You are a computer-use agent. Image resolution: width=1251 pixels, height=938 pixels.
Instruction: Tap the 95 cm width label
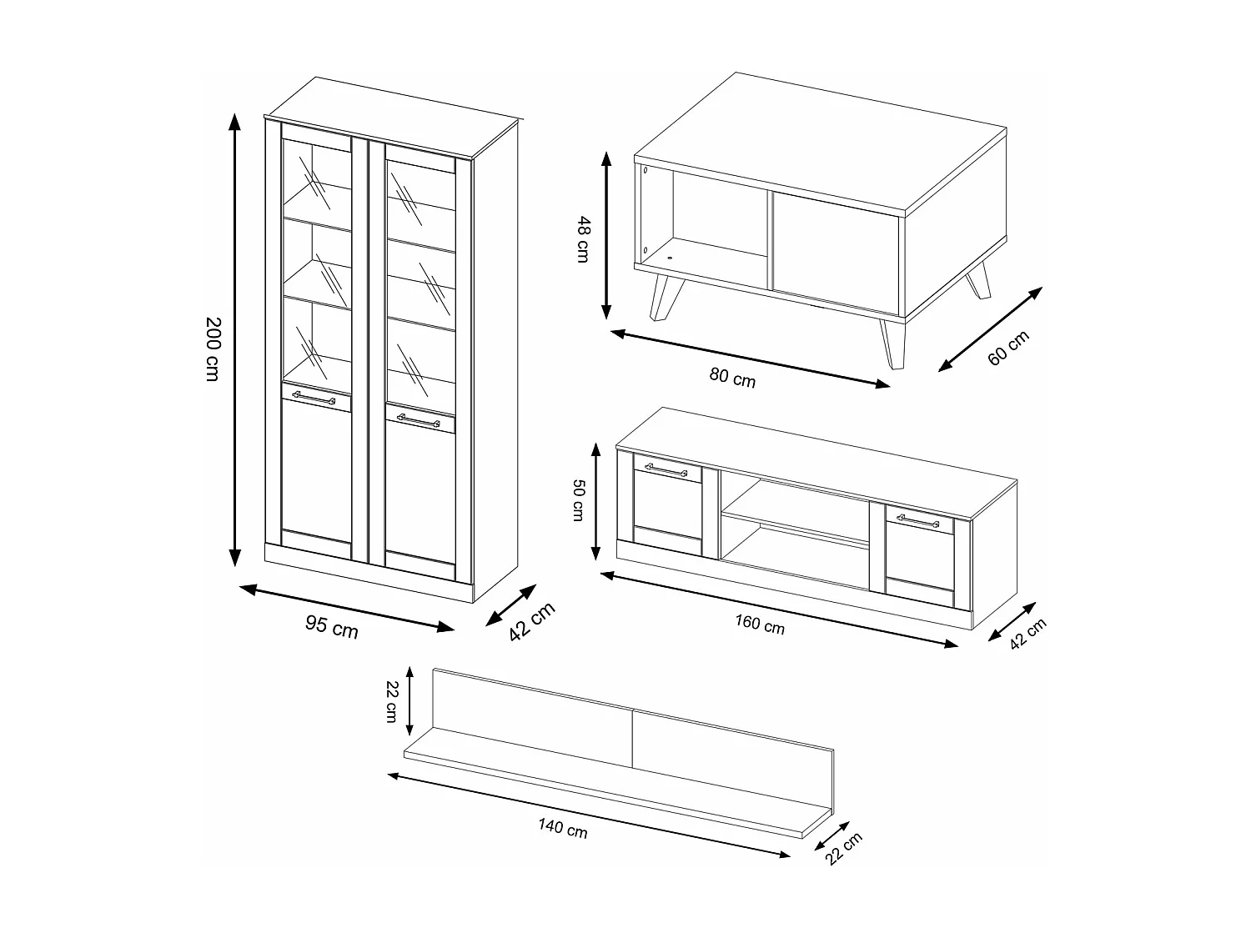click(x=331, y=627)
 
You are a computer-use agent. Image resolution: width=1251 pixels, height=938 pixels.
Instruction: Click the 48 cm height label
click(x=582, y=239)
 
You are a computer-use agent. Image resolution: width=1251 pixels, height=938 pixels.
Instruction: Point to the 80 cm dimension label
click(x=732, y=377)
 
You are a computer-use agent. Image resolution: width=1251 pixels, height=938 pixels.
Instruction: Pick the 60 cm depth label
click(x=1008, y=348)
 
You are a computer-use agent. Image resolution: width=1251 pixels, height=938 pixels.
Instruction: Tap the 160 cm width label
click(x=759, y=624)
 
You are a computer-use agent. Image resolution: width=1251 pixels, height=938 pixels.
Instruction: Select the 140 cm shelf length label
click(x=562, y=829)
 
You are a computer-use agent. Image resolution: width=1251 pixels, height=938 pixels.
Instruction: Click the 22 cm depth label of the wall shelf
click(x=845, y=849)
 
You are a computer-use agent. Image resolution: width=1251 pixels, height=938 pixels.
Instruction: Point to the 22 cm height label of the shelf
click(x=391, y=700)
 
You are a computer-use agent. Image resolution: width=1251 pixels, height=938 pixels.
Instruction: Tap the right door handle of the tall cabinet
click(x=418, y=420)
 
